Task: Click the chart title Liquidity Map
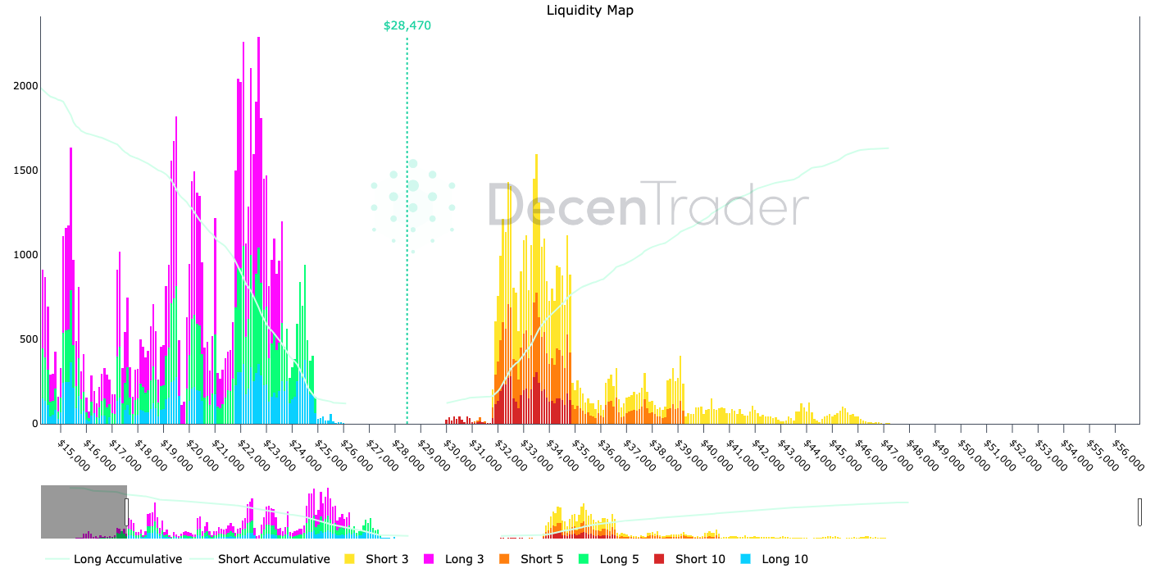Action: click(589, 11)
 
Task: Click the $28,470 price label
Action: click(407, 26)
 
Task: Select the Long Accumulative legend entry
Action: click(127, 559)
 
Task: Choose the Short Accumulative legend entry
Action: click(273, 559)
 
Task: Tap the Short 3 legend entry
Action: click(386, 559)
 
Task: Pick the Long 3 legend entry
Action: click(464, 559)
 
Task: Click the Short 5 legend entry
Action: click(541, 559)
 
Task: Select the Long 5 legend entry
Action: click(619, 559)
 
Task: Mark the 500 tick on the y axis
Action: click(27, 339)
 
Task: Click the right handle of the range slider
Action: click(1139, 512)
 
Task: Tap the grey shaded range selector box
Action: click(83, 512)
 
